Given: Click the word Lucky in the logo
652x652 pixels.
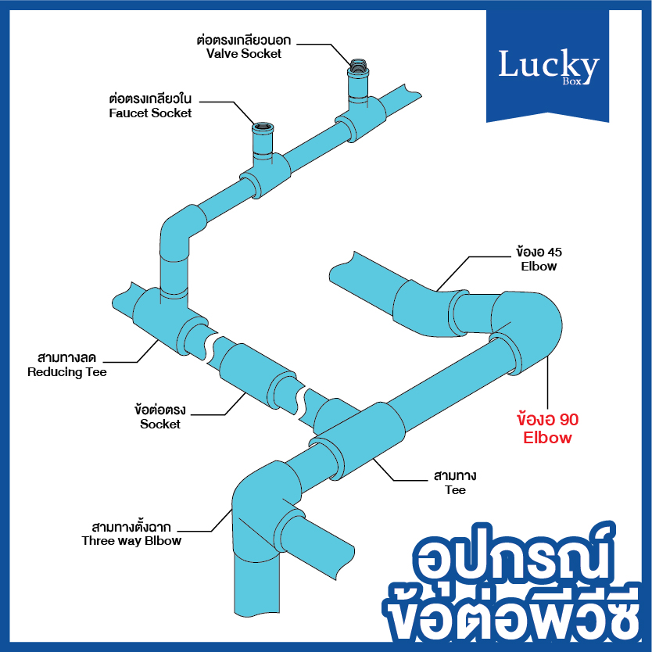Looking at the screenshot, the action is tap(549, 64).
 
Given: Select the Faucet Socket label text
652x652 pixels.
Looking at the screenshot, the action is tap(150, 113).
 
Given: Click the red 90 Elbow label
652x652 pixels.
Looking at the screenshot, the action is tap(547, 428).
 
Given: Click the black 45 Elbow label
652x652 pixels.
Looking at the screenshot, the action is tap(539, 259).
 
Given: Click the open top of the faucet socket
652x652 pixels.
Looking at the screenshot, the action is tap(263, 126).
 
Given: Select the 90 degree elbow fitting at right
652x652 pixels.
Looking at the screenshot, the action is tap(527, 328).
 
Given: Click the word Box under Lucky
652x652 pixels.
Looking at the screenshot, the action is tap(571, 81).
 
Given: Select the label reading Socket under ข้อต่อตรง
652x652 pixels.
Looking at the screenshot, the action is tap(160, 425).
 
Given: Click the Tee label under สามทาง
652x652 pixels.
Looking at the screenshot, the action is tap(455, 490).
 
